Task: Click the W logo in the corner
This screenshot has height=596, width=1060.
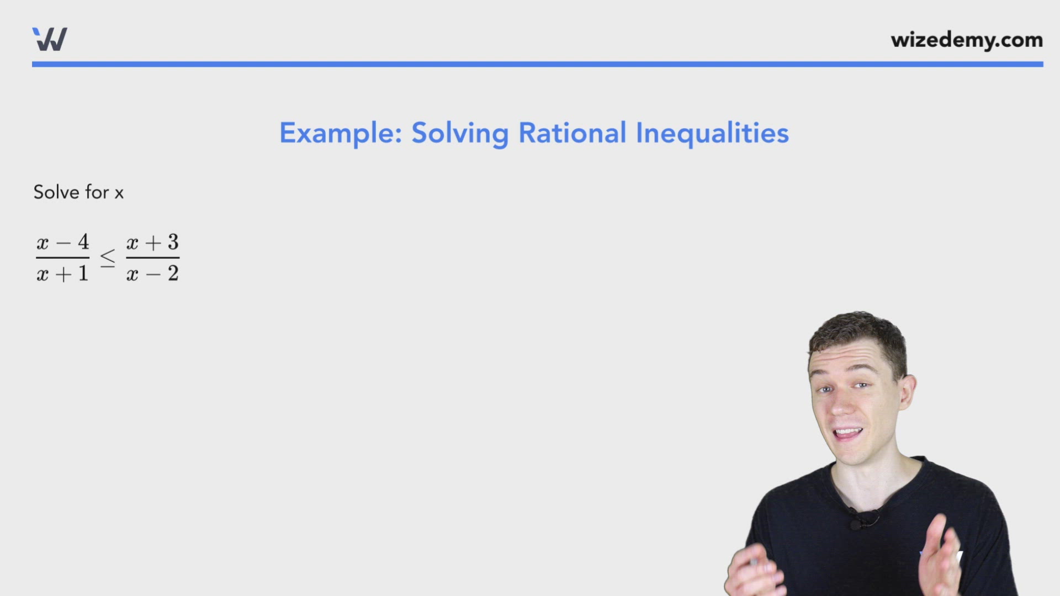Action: coord(50,39)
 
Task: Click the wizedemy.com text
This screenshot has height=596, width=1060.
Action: coord(966,40)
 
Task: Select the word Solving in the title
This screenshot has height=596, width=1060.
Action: coord(460,134)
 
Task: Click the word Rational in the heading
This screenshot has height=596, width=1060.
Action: coord(572,134)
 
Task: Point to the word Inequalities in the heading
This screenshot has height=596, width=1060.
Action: coord(712,134)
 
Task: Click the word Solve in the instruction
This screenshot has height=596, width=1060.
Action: coord(56,192)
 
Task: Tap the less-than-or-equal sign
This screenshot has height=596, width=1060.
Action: coord(108,258)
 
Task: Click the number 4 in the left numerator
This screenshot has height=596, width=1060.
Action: coord(83,242)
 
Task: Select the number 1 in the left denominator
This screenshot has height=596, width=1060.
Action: coord(83,274)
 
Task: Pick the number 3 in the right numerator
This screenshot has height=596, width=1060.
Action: coord(173,242)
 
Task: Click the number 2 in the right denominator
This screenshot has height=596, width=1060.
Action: coord(173,274)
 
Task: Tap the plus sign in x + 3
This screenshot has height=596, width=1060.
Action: coord(153,242)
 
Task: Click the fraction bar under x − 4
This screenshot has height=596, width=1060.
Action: coord(62,258)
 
